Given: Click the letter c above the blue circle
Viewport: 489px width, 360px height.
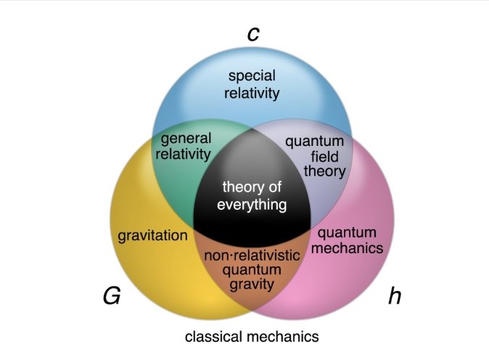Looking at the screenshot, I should [253, 33].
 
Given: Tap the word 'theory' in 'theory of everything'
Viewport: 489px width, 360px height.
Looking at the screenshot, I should [237, 188].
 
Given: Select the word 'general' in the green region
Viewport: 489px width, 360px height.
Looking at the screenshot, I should [186, 138].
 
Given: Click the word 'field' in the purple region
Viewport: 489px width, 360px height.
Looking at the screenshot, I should [314, 157].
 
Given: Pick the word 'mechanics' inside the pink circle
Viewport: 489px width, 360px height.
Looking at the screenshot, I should [350, 248].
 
